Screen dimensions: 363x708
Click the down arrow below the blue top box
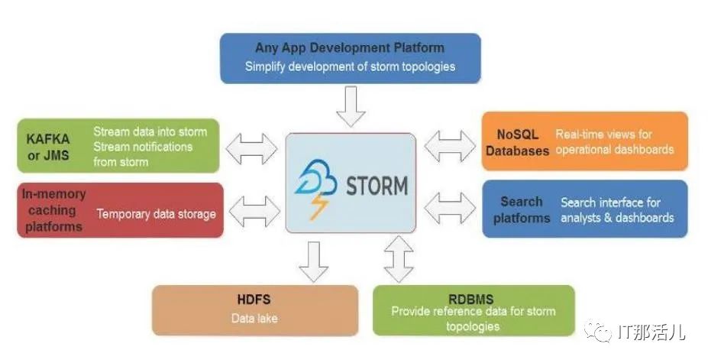(351, 106)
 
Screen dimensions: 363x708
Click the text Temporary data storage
(156, 214)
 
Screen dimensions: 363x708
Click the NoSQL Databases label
(517, 143)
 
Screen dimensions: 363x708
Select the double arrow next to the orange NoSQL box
(449, 146)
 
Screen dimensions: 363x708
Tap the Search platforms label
(521, 210)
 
